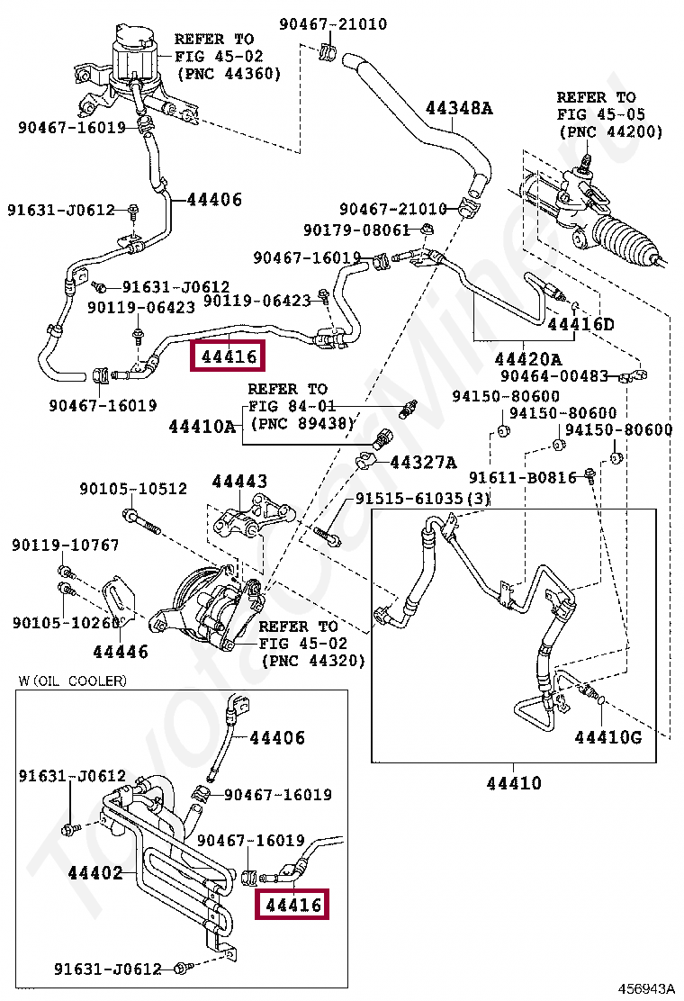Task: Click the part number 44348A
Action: [x=459, y=109]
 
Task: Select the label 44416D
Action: [x=580, y=324]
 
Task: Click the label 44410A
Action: [x=202, y=427]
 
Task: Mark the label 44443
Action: [x=239, y=482]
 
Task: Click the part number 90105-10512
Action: [x=133, y=489]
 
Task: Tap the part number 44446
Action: [x=120, y=651]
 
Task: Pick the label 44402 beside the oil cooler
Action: [x=94, y=872]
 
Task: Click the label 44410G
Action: [x=607, y=738]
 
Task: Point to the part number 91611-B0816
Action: [x=522, y=477]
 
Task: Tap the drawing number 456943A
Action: [x=644, y=989]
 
